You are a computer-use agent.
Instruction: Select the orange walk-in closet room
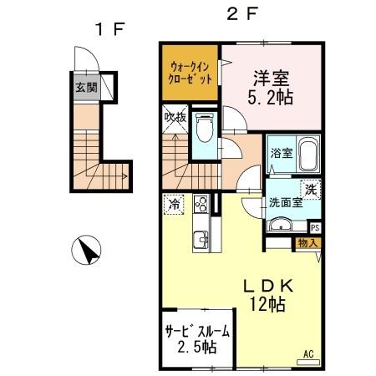191,71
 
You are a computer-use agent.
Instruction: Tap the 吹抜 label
173,117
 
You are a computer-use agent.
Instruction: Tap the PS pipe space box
315,226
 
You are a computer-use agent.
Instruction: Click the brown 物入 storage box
307,243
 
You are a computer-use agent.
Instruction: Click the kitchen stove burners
201,203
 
